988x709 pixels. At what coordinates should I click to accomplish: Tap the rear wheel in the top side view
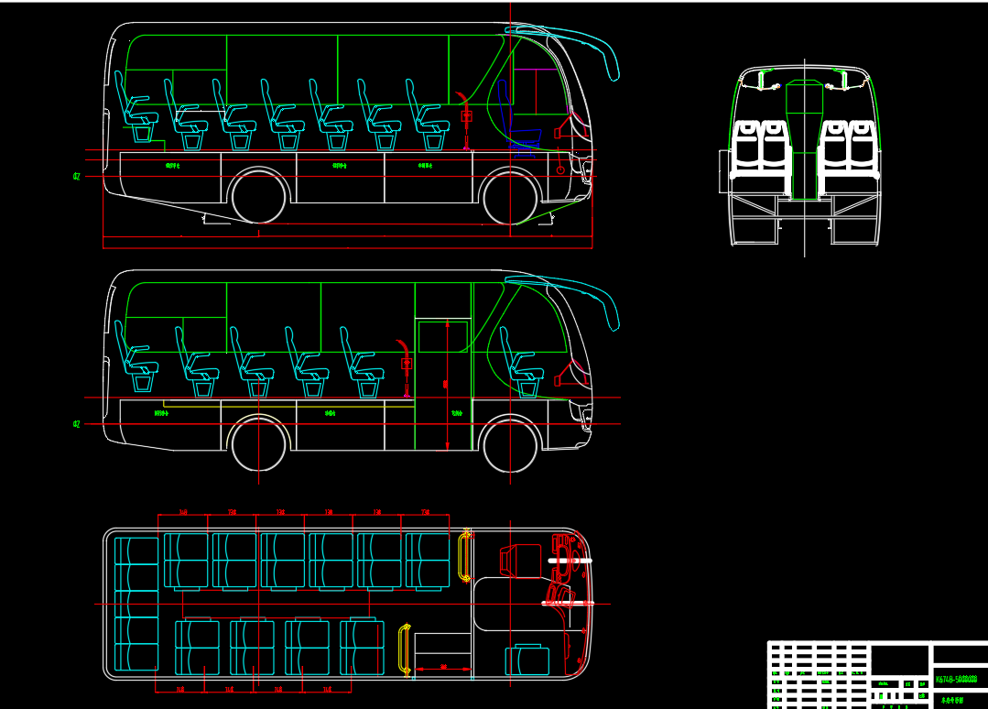(x=261, y=196)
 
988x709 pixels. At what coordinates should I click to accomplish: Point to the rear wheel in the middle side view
(x=260, y=443)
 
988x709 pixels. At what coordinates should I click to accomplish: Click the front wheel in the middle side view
(x=510, y=443)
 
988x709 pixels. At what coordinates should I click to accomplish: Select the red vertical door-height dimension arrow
(x=446, y=385)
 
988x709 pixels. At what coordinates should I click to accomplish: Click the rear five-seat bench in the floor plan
(x=136, y=604)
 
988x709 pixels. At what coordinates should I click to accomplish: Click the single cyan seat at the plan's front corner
(x=527, y=660)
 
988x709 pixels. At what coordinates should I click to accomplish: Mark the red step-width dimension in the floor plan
(x=443, y=668)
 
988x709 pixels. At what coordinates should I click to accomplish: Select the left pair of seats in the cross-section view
(x=759, y=147)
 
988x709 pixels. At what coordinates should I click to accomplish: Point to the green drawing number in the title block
(x=956, y=679)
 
